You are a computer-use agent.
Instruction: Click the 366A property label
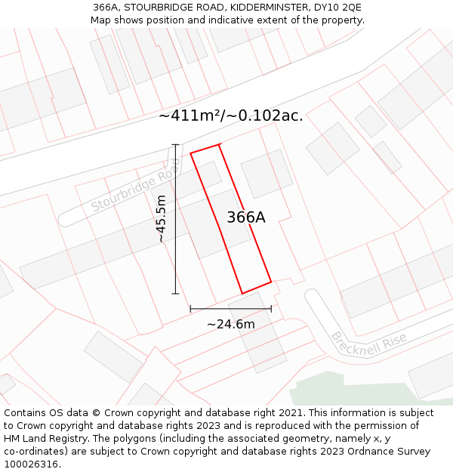click(246, 217)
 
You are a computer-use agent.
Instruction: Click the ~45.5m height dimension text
click(161, 218)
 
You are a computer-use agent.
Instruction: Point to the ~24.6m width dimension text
click(230, 324)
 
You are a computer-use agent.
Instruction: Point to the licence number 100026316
click(32, 464)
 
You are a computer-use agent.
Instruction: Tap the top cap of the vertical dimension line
click(176, 145)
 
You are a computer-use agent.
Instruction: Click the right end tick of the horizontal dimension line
click(271, 308)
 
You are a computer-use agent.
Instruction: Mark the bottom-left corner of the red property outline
click(242, 293)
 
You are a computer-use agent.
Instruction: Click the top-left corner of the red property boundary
click(190, 153)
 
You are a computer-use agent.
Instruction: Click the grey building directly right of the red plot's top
click(267, 173)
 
